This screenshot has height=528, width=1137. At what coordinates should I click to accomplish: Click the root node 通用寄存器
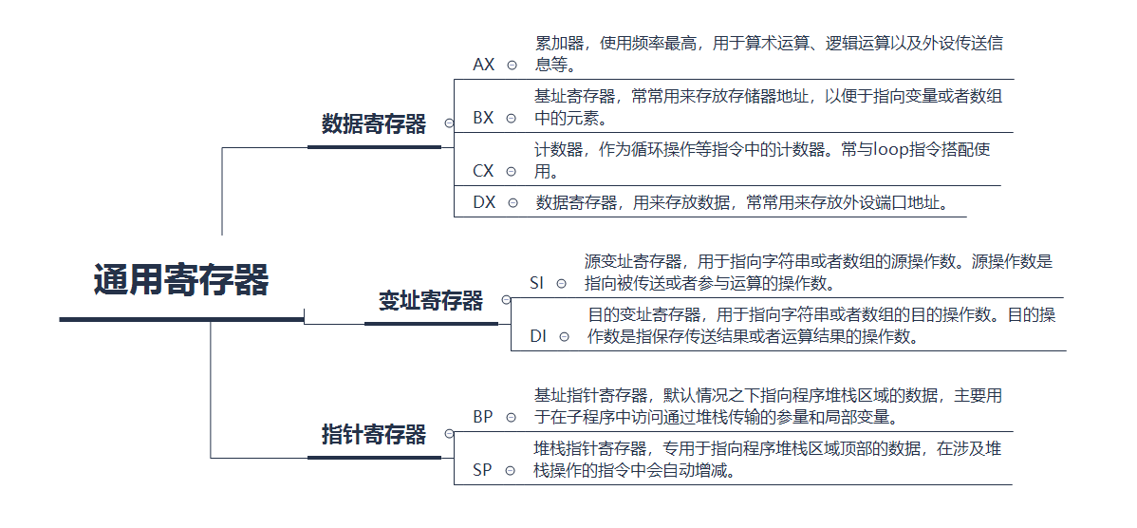(181, 281)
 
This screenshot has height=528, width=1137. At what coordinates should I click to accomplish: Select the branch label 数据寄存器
(374, 123)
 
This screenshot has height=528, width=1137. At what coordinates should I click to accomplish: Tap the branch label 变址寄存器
(431, 301)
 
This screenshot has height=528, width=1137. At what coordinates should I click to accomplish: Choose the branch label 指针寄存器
(374, 435)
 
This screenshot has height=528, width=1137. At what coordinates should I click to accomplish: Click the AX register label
(484, 65)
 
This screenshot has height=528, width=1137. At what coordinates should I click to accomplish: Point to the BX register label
(484, 118)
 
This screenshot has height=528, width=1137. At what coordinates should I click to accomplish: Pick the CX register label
(484, 171)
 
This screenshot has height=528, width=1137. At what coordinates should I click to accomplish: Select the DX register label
(484, 202)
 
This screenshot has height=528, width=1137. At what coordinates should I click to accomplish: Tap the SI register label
(537, 283)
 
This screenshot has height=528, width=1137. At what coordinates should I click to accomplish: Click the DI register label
(538, 336)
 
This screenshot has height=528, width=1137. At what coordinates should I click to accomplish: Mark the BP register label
(483, 417)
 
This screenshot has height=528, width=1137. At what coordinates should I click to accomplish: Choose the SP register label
(483, 470)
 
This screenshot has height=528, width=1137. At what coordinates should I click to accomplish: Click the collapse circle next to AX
(512, 66)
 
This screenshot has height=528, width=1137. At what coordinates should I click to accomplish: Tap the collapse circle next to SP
(511, 470)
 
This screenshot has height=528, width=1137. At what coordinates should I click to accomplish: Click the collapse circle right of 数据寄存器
(449, 123)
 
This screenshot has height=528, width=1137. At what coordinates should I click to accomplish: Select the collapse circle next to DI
(565, 336)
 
